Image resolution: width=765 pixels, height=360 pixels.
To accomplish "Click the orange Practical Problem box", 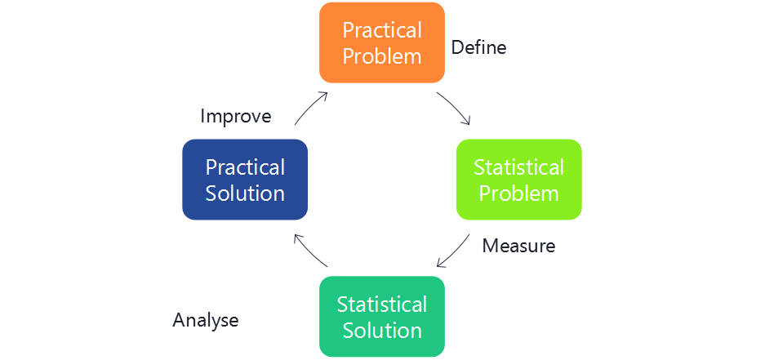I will tap(382, 42).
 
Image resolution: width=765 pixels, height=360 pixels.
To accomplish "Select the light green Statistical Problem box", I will tap(519, 180).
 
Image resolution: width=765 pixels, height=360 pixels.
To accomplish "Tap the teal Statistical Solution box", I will tap(382, 317).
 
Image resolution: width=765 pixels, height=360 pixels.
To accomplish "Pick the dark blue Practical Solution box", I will tap(245, 180).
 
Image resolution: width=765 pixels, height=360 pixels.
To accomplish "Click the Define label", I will tap(478, 48).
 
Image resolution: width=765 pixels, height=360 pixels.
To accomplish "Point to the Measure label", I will tap(518, 246).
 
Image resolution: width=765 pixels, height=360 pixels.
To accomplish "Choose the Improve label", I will tap(235, 117).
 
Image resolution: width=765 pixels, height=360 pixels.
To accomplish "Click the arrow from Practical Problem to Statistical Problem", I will tap(454, 108).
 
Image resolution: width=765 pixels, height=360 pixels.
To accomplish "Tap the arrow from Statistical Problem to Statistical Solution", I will tap(453, 251).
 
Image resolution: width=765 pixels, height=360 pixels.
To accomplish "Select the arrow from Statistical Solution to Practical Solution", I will tap(310, 251).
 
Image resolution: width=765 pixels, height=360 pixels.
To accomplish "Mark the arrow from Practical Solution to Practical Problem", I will tap(311, 108).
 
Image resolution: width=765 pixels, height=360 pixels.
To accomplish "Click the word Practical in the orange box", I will tap(382, 30).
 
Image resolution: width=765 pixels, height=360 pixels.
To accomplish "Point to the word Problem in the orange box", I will tap(382, 56).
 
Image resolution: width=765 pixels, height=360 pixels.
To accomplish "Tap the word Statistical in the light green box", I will tap(519, 167).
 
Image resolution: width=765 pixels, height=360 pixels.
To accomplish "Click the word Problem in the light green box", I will tap(519, 193).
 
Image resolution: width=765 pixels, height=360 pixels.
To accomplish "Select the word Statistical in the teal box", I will tap(382, 304).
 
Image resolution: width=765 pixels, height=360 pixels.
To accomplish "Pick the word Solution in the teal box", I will tap(382, 331).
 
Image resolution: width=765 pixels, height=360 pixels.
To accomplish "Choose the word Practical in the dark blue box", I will tap(245, 167).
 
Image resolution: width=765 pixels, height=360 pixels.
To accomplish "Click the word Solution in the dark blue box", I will tap(245, 193).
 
